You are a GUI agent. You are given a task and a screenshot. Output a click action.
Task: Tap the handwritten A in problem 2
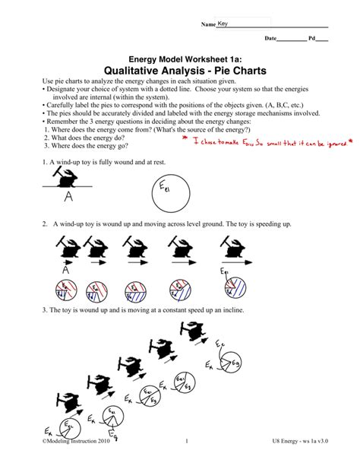[x=66, y=270]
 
